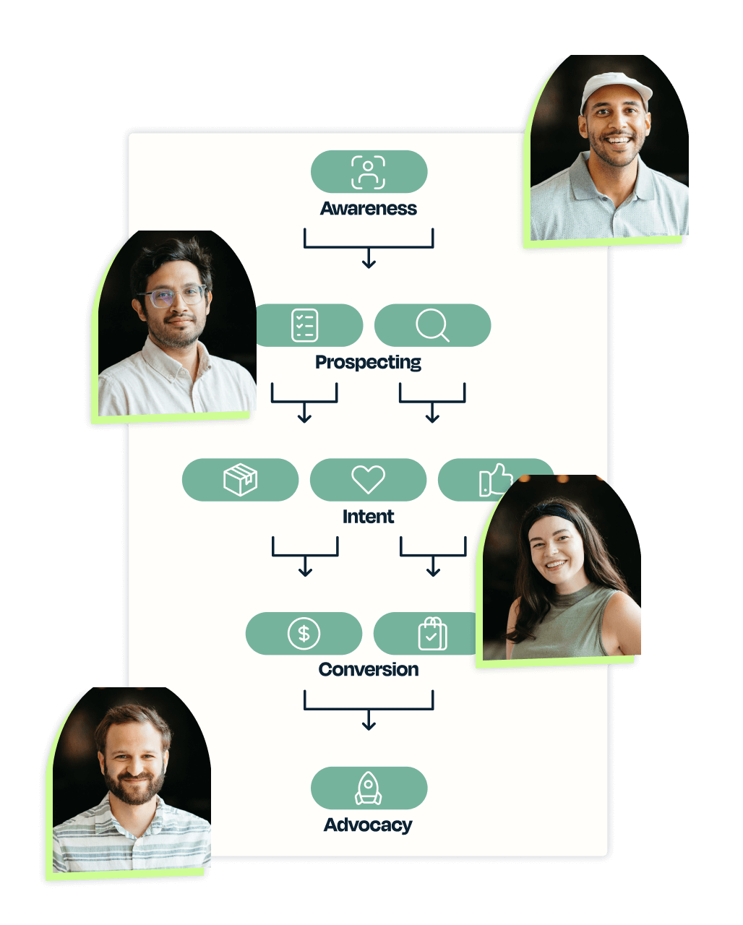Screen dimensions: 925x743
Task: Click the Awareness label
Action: point(369,209)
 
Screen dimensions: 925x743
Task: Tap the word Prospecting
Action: point(368,362)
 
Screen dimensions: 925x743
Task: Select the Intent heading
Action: point(369,517)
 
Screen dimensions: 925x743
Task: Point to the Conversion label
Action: point(369,670)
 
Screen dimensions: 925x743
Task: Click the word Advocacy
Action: point(368,825)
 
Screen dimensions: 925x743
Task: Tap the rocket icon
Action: point(369,788)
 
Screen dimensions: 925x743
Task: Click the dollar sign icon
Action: point(304,634)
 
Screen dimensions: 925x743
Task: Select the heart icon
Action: point(368,480)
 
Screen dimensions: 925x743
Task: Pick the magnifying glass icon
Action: point(432,326)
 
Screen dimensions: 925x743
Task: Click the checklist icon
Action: point(304,325)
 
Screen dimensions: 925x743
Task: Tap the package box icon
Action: point(241,480)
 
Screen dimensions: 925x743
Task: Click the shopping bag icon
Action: point(431,634)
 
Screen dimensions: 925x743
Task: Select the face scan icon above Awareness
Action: point(369,171)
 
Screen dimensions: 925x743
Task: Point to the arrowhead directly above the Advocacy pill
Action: point(369,725)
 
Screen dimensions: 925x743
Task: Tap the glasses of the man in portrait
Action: point(172,296)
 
